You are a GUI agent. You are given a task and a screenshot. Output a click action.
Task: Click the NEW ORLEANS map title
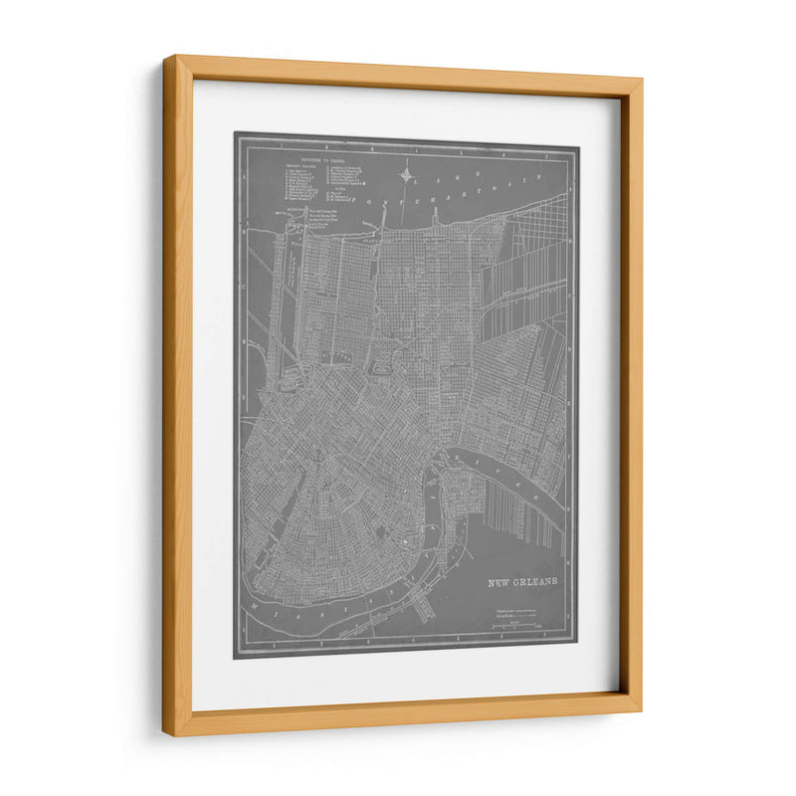pyautogui.click(x=522, y=581)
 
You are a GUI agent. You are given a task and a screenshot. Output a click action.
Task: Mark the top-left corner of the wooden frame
pyautogui.click(x=165, y=58)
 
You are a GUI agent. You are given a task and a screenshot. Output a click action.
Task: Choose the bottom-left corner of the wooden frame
pyautogui.click(x=165, y=736)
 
